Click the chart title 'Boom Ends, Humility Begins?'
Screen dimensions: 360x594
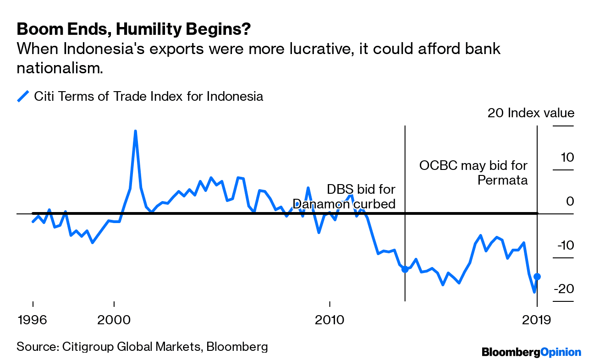pos(133,29)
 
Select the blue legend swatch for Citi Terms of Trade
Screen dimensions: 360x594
pos(23,97)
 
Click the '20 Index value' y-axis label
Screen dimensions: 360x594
pos(530,113)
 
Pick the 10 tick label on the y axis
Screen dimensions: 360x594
pos(566,157)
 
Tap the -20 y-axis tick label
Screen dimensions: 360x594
pos(564,289)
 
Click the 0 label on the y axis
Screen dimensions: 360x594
pos(570,201)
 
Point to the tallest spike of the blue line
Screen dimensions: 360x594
pos(135,131)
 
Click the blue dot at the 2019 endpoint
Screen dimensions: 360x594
pos(537,277)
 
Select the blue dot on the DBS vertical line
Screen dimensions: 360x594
pos(405,269)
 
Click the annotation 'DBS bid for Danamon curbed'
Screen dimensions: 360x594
pos(345,196)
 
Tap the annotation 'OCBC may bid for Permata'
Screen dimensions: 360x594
pos(473,172)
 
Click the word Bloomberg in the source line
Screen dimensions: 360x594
pos(237,346)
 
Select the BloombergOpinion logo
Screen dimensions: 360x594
pos(531,352)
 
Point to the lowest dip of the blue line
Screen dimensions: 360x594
pos(534,292)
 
